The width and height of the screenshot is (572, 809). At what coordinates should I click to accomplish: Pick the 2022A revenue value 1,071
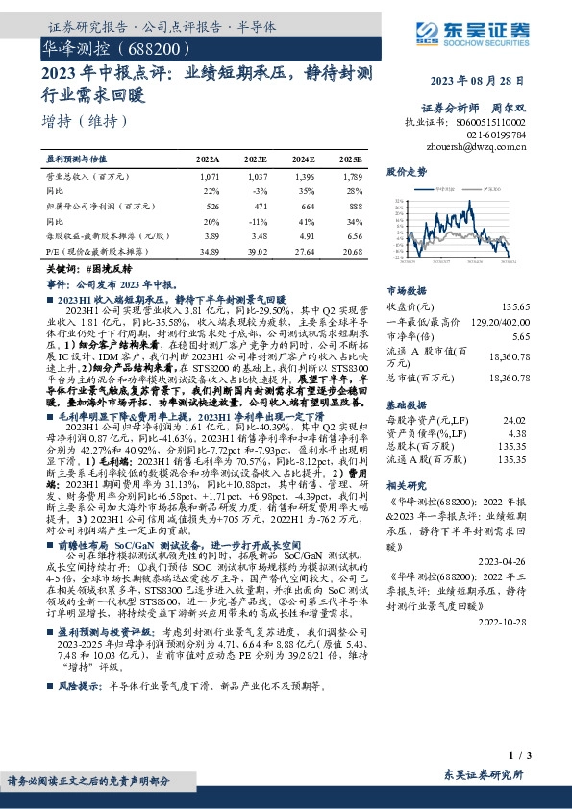pyautogui.click(x=211, y=178)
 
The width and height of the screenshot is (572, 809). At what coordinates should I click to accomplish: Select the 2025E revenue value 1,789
pyautogui.click(x=353, y=178)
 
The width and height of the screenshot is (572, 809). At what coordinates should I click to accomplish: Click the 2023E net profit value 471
pyautogui.click(x=258, y=206)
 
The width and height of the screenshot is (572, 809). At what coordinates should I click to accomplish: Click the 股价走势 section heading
pyautogui.click(x=406, y=171)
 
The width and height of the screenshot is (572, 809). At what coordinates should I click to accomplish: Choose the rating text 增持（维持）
pyautogui.click(x=85, y=121)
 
